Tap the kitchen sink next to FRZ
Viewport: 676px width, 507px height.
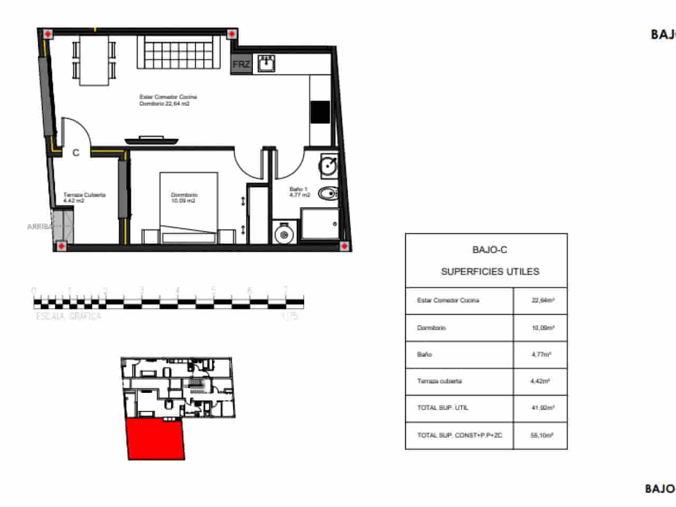tap(266, 63)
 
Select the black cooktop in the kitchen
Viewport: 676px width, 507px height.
tap(320, 112)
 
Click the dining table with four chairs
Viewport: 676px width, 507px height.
tap(95, 59)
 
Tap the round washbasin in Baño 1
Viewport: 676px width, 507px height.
tap(328, 166)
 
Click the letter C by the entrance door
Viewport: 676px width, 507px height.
tap(76, 153)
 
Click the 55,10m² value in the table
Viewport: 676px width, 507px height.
tap(542, 436)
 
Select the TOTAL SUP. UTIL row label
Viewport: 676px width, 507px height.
tap(443, 408)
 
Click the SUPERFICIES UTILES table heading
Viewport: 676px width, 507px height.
tap(490, 271)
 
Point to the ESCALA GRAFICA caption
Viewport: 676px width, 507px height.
tap(69, 316)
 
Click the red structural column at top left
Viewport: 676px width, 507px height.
tap(48, 34)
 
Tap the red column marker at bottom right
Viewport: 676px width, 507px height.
tap(344, 246)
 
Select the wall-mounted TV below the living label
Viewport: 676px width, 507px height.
tap(152, 140)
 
